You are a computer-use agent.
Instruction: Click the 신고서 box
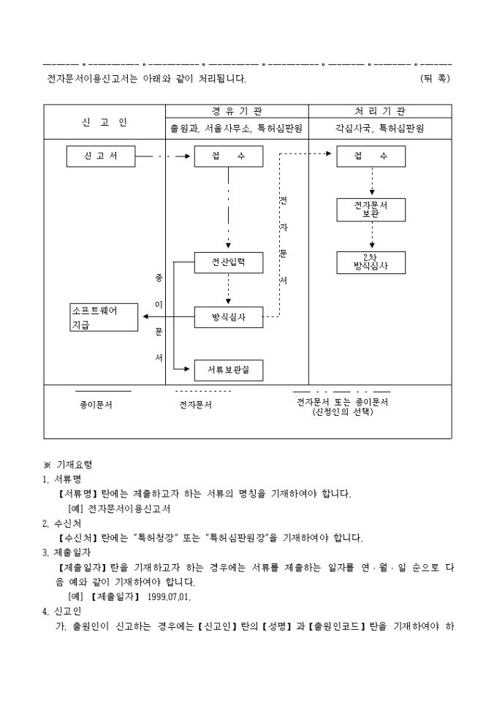[x=100, y=156]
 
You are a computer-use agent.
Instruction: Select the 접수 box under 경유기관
[x=228, y=156]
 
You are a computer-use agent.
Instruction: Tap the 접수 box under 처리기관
[x=371, y=156]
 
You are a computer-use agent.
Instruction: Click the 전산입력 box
[x=228, y=262]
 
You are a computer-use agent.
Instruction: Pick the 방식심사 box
[x=228, y=317]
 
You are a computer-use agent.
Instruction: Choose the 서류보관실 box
[x=228, y=370]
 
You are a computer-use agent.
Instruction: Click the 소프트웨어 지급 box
[x=104, y=317]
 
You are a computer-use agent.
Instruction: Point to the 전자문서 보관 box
[x=371, y=210]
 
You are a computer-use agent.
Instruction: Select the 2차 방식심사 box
[x=371, y=262]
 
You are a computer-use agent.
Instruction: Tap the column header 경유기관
[x=237, y=111]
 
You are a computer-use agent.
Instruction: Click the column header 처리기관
[x=380, y=111]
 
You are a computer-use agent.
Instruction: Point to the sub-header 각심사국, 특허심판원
[x=380, y=128]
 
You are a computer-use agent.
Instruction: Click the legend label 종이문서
[x=96, y=403]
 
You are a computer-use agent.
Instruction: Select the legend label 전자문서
[x=196, y=403]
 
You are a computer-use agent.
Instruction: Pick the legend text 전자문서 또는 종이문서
[x=342, y=402]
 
